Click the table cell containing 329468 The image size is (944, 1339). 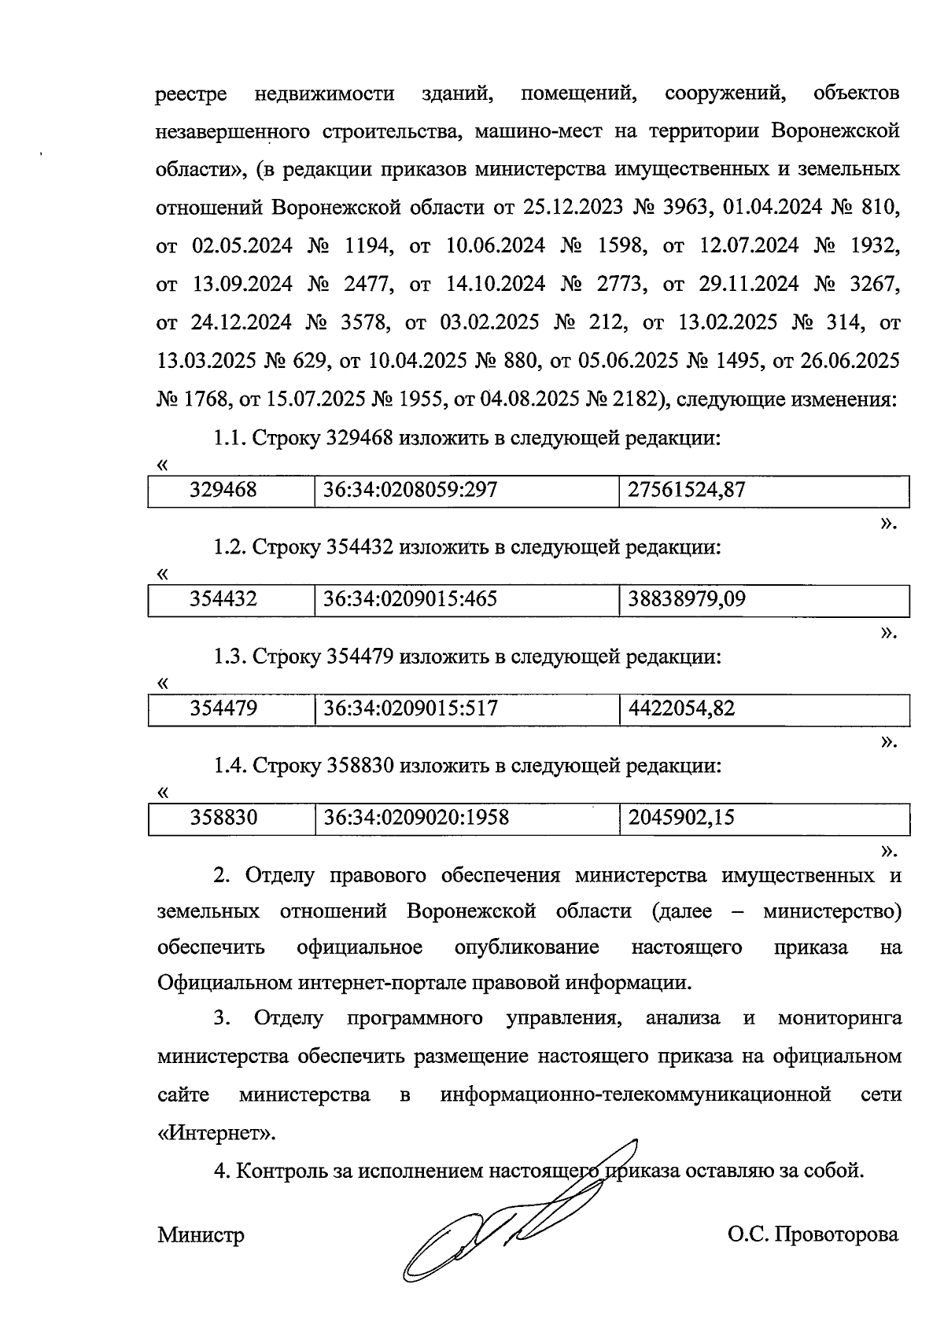coord(223,491)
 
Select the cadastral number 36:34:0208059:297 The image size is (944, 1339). coord(410,491)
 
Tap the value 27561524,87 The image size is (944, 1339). coord(687,491)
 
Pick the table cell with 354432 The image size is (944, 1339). coord(223,600)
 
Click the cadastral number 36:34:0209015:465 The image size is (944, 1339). coord(410,600)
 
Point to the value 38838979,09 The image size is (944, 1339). coord(687,600)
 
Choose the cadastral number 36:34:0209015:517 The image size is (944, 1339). coord(410,709)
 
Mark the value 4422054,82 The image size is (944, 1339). coord(681,709)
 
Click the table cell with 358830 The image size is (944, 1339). coord(223,818)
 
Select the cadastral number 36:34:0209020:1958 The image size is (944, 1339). coord(416,818)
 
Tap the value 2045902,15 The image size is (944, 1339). coord(681,818)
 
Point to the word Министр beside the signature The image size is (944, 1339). coord(201,1235)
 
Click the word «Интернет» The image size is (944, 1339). coord(218,1134)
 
